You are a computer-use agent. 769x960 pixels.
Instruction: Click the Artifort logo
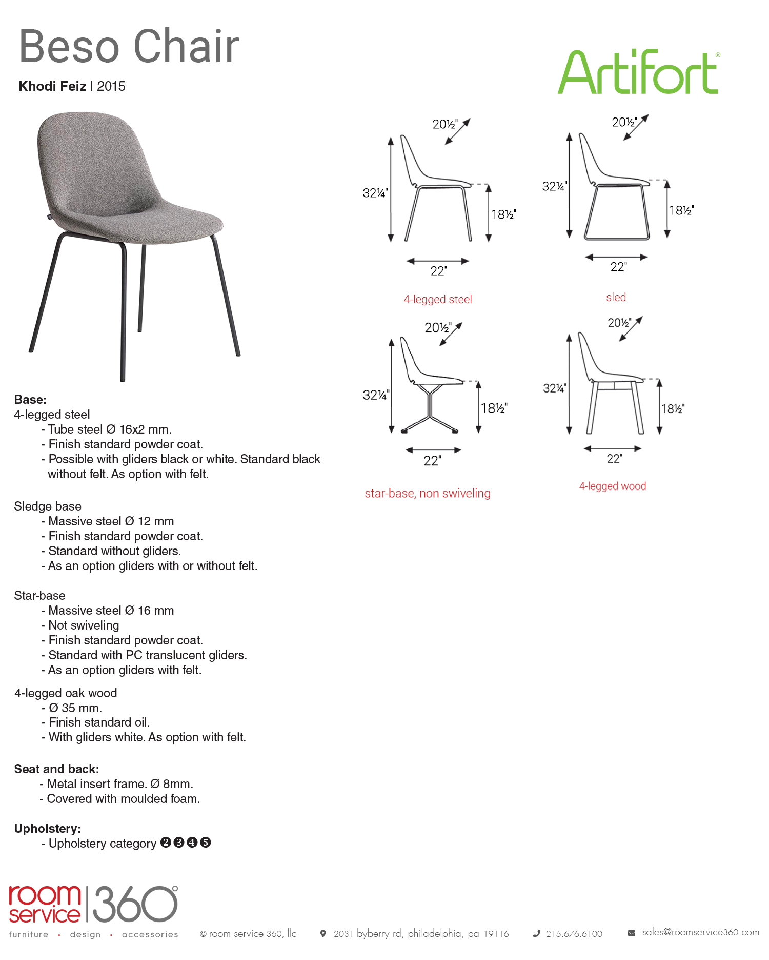(638, 72)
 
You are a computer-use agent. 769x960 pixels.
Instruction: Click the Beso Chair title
(129, 47)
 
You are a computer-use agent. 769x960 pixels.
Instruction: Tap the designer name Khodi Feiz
(52, 86)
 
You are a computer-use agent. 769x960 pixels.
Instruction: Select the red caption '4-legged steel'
(437, 300)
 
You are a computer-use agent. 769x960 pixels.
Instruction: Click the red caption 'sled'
(616, 298)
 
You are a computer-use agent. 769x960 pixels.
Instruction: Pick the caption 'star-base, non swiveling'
(428, 494)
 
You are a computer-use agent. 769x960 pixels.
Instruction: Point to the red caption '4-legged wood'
(612, 486)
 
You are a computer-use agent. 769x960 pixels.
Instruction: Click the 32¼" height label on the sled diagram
(554, 186)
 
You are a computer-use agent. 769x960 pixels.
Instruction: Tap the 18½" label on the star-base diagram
(494, 408)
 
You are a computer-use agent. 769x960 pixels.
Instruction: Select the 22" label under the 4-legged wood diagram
(614, 459)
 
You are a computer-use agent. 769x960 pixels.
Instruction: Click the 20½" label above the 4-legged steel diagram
(444, 124)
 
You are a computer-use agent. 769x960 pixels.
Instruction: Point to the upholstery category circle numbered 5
(206, 843)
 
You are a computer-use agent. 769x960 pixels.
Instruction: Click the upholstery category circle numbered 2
(166, 843)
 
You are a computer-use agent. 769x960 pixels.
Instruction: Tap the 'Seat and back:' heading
(56, 769)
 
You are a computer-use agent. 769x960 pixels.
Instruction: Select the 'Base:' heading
(30, 400)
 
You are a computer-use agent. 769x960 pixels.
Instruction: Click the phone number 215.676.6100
(574, 934)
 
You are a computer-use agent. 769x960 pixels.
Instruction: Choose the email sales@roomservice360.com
(700, 932)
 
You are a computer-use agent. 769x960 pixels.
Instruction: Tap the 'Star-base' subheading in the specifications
(39, 596)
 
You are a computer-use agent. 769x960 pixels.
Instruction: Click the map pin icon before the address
(323, 934)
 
